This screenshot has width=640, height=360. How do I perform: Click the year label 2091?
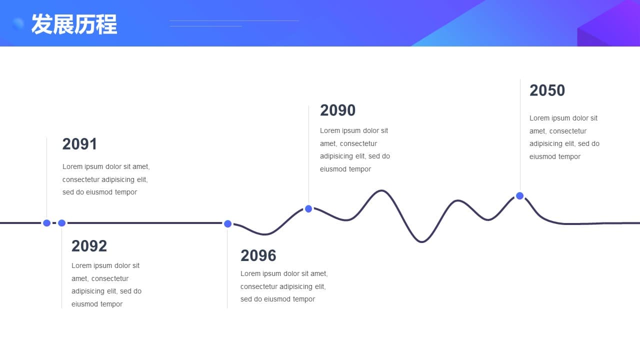[79, 144]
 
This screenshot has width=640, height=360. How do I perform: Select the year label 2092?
[89, 246]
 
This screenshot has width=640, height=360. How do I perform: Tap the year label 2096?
[258, 255]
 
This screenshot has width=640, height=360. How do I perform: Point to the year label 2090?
[337, 110]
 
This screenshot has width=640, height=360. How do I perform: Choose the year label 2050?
[547, 90]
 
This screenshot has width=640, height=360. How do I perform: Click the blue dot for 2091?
[47, 223]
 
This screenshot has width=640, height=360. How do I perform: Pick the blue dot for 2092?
[61, 223]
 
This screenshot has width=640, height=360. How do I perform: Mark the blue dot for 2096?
[227, 223]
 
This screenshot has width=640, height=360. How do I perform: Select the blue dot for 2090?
[308, 209]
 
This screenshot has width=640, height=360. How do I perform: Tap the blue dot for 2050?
[519, 195]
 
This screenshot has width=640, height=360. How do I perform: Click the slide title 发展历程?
[74, 24]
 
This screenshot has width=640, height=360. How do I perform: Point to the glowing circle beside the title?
[18, 23]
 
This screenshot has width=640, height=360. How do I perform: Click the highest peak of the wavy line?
[381, 190]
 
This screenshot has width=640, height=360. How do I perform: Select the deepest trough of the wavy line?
[421, 241]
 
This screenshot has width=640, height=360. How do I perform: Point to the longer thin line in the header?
[234, 21]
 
